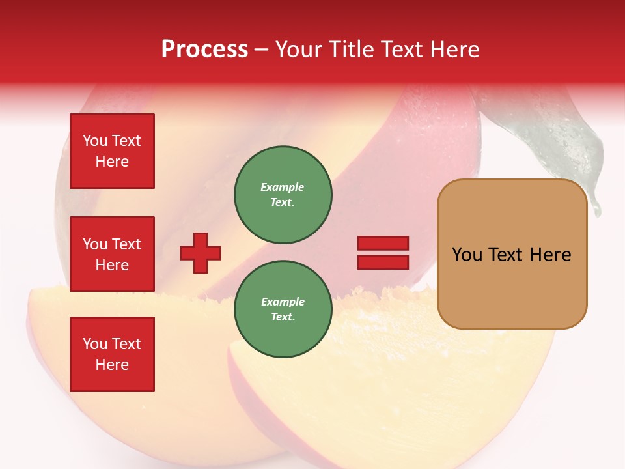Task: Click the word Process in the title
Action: point(204,50)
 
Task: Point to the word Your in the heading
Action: point(300,50)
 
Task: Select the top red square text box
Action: point(112,151)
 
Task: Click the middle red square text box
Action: point(112,254)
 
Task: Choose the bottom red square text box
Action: point(112,354)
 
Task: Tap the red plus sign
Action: point(201,253)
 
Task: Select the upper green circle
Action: point(283,195)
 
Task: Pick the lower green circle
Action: point(283,309)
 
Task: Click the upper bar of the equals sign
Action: point(383,244)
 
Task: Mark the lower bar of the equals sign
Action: point(383,263)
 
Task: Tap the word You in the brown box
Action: point(467,255)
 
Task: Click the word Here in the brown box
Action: point(550,255)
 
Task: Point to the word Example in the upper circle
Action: point(283,188)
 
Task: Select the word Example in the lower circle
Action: point(283,302)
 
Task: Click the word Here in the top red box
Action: point(112,162)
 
